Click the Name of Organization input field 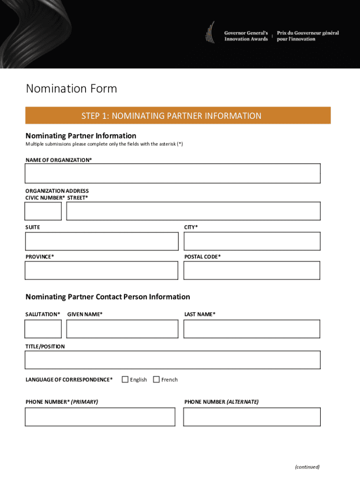point(173,174)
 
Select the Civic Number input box point(43,211)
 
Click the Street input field point(193,211)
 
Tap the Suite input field point(101,241)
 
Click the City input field point(252,241)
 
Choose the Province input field point(101,270)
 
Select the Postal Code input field point(252,270)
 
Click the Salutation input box point(43,329)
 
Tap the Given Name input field point(122,329)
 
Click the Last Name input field point(252,329)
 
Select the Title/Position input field point(173,360)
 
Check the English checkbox point(125,379)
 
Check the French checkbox point(156,379)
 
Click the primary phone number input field point(100,417)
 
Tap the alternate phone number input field point(252,417)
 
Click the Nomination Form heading point(72,88)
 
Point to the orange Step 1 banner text point(171,116)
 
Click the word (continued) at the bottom point(307,467)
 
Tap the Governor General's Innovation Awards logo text point(246,36)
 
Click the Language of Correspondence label point(69,380)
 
